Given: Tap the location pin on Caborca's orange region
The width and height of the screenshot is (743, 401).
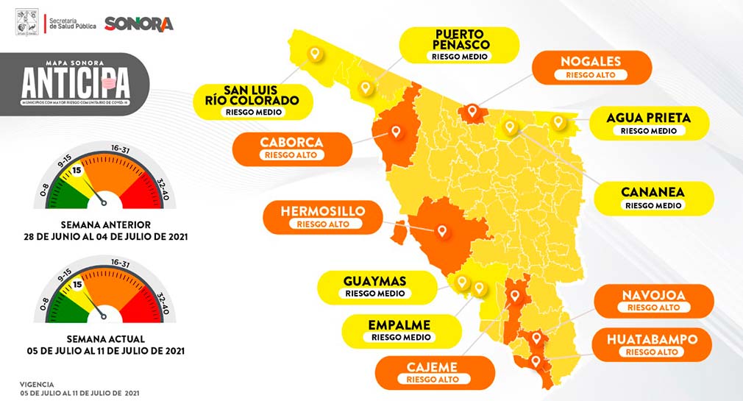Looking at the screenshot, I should coord(396,132).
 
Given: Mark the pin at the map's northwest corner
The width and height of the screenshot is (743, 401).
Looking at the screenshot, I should coord(315,54).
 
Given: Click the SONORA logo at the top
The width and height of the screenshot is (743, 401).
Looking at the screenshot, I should coord(139,24).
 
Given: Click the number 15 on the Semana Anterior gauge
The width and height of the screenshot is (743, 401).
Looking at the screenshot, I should coord(76,171).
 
